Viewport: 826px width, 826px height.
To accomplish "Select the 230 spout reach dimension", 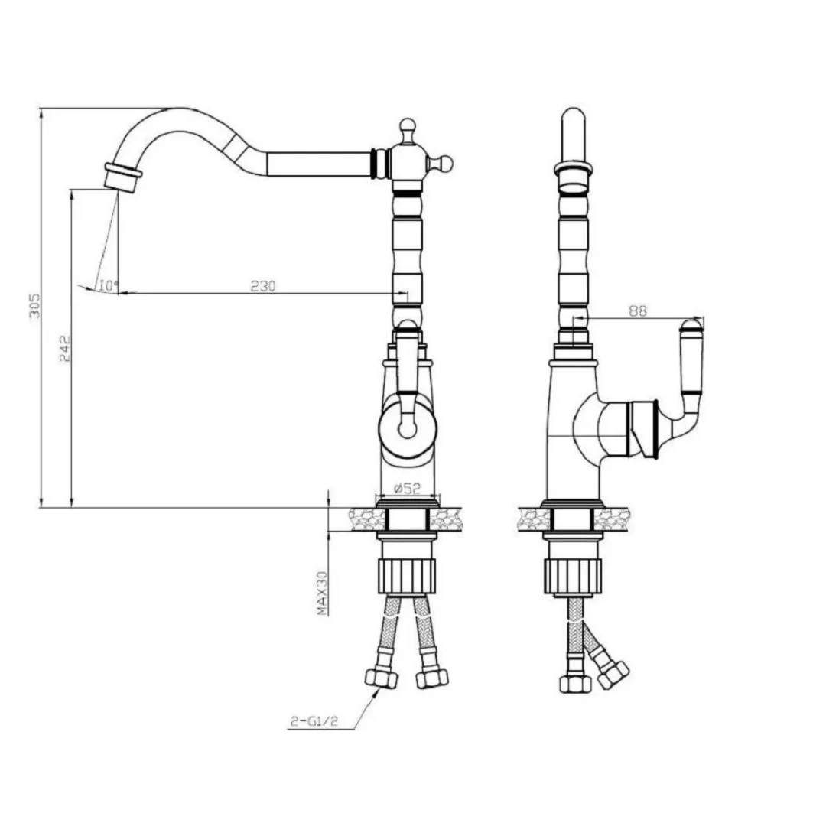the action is coord(262,286).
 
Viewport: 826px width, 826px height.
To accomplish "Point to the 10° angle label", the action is coord(108,286).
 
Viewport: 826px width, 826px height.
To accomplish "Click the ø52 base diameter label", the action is coord(407,488).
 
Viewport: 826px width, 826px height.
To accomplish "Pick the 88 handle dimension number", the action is coord(637,311).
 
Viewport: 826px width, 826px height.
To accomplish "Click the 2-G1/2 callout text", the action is coord(314,721).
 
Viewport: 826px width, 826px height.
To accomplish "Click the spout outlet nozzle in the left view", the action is coord(122,177).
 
